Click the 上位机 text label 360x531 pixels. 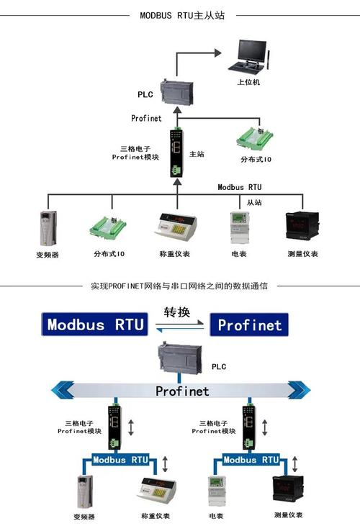pos(248,82)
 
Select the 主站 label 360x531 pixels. pos(197,154)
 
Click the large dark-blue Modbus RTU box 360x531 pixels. pos(95,324)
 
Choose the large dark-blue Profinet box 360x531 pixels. pos(249,324)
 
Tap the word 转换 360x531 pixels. pos(178,312)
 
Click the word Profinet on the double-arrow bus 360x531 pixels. pos(182,391)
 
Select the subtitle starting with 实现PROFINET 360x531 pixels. pos(180,286)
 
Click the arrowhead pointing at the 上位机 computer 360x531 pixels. pos(218,52)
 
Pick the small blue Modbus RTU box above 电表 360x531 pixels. pos(250,459)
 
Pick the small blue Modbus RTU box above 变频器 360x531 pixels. pos(120,459)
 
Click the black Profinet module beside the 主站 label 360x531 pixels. pos(175,153)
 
